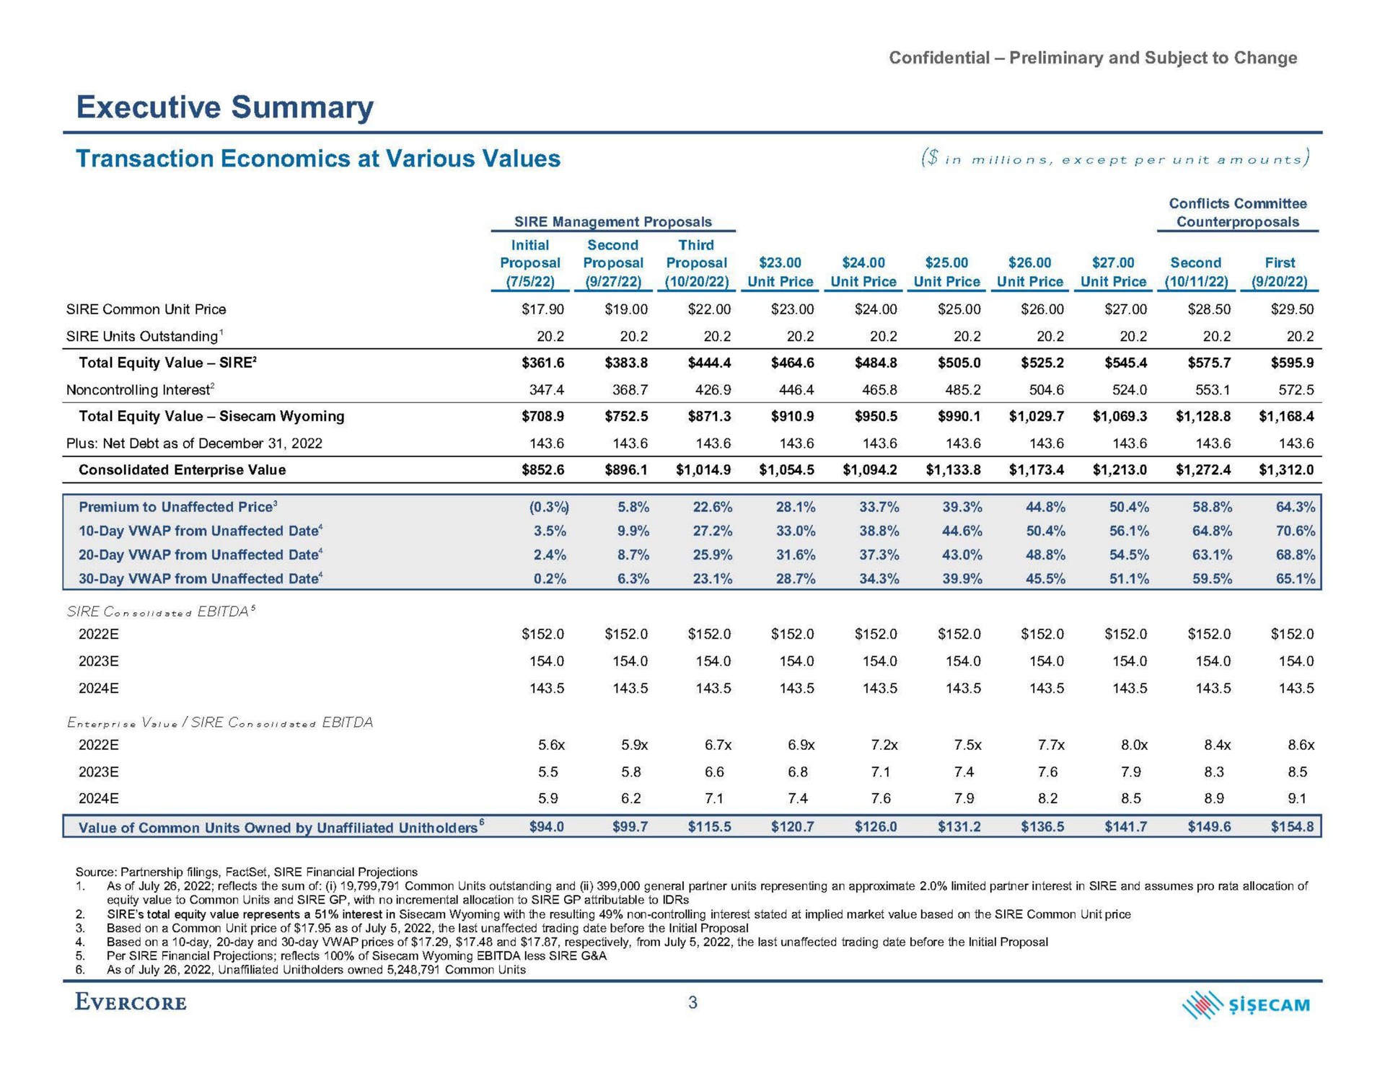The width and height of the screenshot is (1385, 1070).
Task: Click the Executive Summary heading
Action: (x=225, y=107)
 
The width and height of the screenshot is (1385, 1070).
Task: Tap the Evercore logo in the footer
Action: (x=131, y=1003)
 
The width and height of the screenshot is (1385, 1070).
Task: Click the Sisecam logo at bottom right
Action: (x=1246, y=1005)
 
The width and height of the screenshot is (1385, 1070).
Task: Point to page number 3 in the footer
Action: (x=692, y=1003)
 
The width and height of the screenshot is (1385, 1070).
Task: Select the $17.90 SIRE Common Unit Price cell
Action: (x=543, y=309)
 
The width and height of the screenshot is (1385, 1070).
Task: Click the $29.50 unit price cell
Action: (x=1292, y=309)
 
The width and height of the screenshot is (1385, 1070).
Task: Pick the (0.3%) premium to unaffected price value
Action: (x=549, y=507)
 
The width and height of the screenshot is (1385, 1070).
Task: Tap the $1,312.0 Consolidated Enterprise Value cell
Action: (x=1286, y=470)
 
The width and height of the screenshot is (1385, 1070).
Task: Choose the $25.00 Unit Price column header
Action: (x=946, y=272)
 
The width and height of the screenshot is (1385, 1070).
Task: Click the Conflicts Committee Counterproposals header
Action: (x=1238, y=213)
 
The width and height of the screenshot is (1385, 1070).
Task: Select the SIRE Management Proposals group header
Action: (x=612, y=221)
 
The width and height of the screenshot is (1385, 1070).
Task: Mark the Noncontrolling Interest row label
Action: (x=141, y=390)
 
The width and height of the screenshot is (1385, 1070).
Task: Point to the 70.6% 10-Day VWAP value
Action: (x=1296, y=531)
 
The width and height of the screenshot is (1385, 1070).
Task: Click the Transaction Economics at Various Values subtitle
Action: (x=318, y=159)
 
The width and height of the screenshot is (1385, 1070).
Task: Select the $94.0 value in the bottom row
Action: (x=547, y=827)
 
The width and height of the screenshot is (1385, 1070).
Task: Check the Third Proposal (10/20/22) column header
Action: (x=696, y=263)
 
